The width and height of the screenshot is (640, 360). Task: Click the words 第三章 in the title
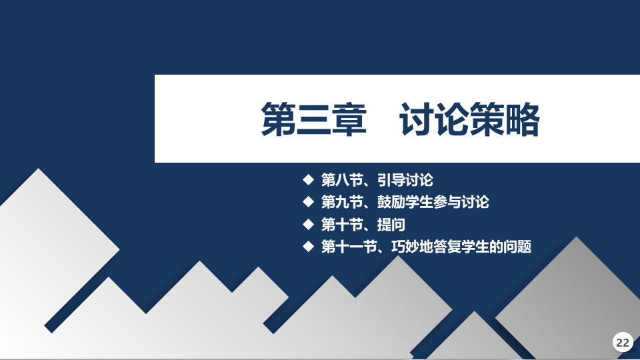pyautogui.click(x=314, y=119)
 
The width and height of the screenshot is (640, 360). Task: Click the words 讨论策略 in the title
pyautogui.click(x=470, y=119)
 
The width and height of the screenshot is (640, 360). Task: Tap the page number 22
pyautogui.click(x=623, y=343)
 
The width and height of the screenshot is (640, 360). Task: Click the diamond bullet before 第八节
pyautogui.click(x=309, y=179)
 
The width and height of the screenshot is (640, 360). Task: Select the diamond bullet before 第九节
pyautogui.click(x=309, y=201)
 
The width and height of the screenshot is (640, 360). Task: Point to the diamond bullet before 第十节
pyautogui.click(x=309, y=224)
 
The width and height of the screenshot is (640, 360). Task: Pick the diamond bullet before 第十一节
pyautogui.click(x=309, y=246)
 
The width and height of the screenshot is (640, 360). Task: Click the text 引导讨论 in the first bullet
pyautogui.click(x=405, y=179)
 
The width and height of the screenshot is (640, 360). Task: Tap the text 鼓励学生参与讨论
pyautogui.click(x=433, y=201)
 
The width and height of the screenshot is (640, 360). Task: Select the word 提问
pyautogui.click(x=391, y=224)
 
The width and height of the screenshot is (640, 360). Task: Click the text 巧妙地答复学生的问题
pyautogui.click(x=461, y=246)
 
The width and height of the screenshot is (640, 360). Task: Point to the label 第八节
pyautogui.click(x=342, y=179)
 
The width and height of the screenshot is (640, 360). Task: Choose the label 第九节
pyautogui.click(x=342, y=201)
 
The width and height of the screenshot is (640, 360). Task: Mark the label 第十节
pyautogui.click(x=342, y=224)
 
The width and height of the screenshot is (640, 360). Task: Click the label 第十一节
pyautogui.click(x=349, y=246)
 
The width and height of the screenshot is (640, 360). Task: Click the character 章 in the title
pyautogui.click(x=349, y=119)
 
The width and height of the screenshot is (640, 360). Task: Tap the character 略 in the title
pyautogui.click(x=523, y=119)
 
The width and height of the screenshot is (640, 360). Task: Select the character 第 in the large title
pyautogui.click(x=279, y=119)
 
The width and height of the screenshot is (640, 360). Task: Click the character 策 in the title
pyautogui.click(x=487, y=119)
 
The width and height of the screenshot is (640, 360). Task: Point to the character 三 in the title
pyautogui.click(x=314, y=119)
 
